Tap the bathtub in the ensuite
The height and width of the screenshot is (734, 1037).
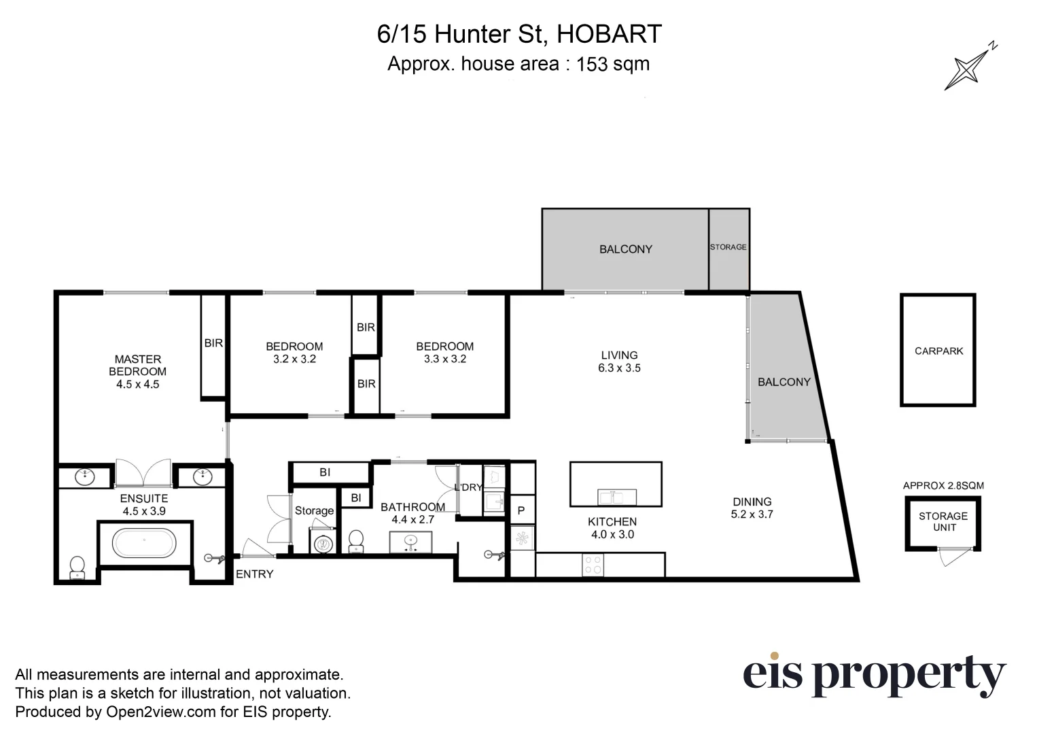pos(144,543)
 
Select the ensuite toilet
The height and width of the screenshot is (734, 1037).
pos(77,567)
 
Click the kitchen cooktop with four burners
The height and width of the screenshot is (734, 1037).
pos(593,565)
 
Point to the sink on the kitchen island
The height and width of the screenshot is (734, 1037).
pos(617,497)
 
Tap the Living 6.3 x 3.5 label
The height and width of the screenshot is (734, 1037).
pos(619,362)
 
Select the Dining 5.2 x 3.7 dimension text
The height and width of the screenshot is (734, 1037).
pos(752,514)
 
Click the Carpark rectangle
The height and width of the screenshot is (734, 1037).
pos(938,351)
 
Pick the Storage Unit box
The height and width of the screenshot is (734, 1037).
pos(943,522)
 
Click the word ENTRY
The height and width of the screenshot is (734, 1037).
pos(254,574)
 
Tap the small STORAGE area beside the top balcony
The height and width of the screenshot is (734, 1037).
pos(728,248)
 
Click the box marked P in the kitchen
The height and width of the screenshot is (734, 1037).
pos(522,510)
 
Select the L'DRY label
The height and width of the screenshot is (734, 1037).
pos(468,487)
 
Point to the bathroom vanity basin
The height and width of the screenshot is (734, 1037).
pos(410,542)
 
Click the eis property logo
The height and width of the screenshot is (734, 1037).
pos(873,674)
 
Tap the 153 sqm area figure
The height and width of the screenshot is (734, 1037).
pos(612,65)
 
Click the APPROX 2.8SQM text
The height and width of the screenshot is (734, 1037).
pos(943,485)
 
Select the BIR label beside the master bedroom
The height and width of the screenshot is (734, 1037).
pos(213,344)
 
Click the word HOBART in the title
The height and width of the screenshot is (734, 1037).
pos(609,34)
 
